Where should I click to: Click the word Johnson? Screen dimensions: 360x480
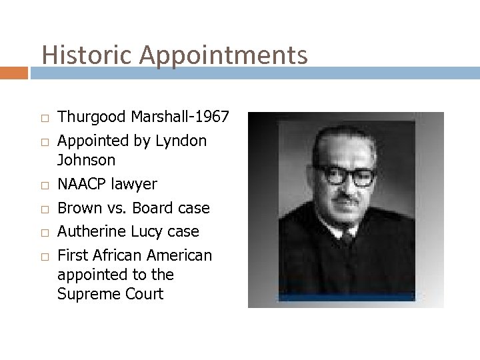(x=87, y=160)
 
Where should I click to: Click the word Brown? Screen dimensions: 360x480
(x=79, y=207)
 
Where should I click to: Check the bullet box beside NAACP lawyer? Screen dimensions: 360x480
(x=45, y=185)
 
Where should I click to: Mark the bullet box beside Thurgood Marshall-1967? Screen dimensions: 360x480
(x=45, y=119)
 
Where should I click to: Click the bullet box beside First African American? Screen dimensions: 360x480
(x=45, y=255)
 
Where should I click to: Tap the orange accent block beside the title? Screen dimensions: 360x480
(x=13, y=71)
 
